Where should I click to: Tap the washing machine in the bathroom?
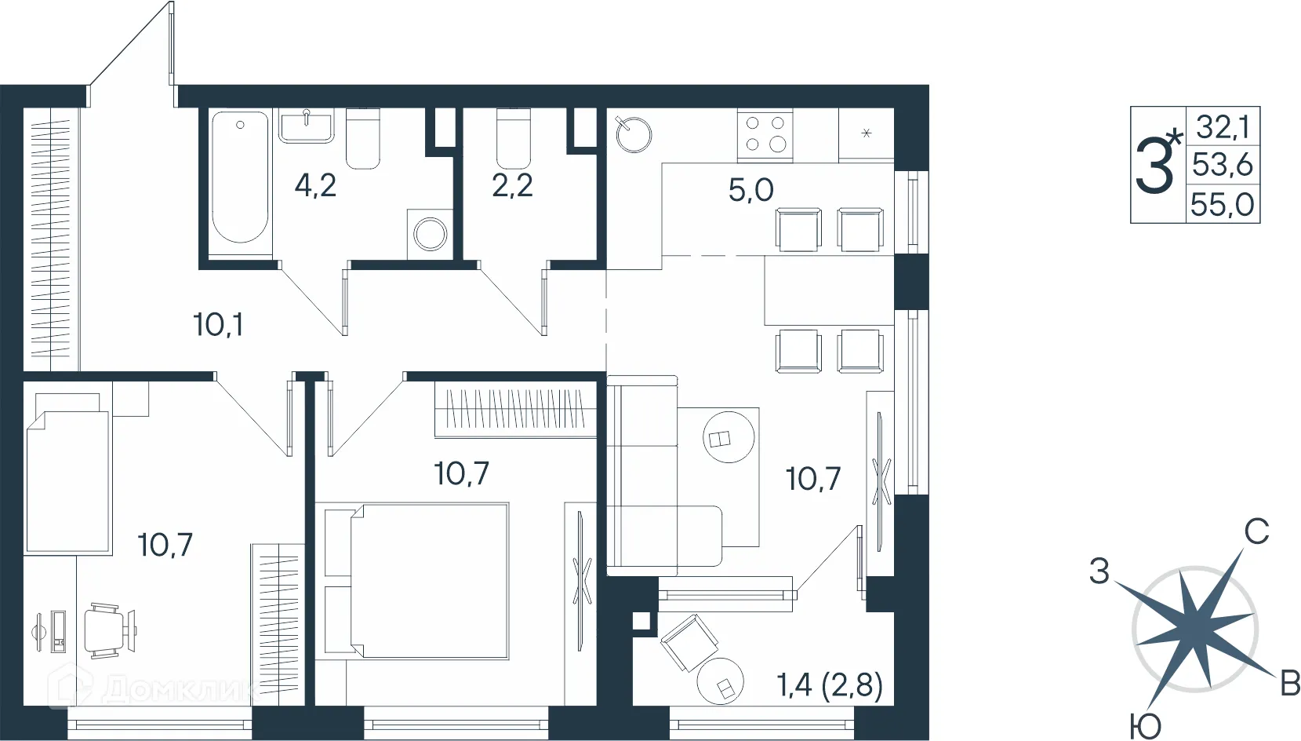[x=430, y=234]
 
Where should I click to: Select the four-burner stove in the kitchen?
[x=765, y=134]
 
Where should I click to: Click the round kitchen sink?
[x=634, y=135]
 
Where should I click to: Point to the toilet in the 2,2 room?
[x=514, y=137]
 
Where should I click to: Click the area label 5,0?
[x=751, y=191]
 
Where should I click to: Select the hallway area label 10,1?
[x=218, y=325]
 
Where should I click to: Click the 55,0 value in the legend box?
[x=1222, y=205]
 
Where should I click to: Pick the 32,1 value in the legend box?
[x=1222, y=126]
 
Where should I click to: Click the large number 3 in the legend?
[x=1154, y=165]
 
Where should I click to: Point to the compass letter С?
[x=1256, y=531]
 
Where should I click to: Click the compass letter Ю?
[x=1145, y=726]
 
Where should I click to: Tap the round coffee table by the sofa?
[x=729, y=437]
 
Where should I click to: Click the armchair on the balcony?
[x=689, y=643]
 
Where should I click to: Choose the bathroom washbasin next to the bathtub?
[x=306, y=126]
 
